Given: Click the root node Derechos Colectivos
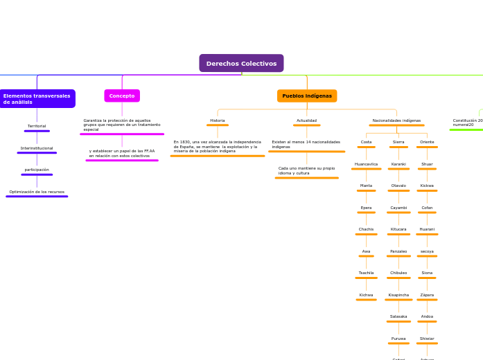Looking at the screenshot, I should (x=241, y=64).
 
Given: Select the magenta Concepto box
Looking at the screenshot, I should (x=122, y=96).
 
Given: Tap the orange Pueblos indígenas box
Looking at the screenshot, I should (x=307, y=96).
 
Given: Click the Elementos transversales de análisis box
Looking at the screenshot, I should (x=37, y=98).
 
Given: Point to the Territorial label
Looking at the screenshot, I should (x=37, y=126).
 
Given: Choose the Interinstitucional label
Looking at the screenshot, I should (x=37, y=148).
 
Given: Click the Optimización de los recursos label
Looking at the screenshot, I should (x=37, y=192).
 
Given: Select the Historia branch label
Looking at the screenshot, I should (x=218, y=120).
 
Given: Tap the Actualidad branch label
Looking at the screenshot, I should (x=306, y=120).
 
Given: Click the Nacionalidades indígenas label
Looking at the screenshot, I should (x=396, y=120).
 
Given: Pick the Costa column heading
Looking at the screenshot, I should (x=366, y=142).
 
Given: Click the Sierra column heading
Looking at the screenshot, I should (x=398, y=142).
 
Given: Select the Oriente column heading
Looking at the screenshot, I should (x=427, y=142).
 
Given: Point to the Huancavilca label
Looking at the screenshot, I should (x=366, y=164).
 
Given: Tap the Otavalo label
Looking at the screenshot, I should (x=398, y=186).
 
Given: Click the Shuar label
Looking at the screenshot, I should (x=427, y=164).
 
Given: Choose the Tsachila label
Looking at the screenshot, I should (x=366, y=273).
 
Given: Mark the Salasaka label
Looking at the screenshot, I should (x=398, y=316).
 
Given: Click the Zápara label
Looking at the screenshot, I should (x=427, y=295).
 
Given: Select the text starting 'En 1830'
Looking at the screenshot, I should (x=217, y=146).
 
